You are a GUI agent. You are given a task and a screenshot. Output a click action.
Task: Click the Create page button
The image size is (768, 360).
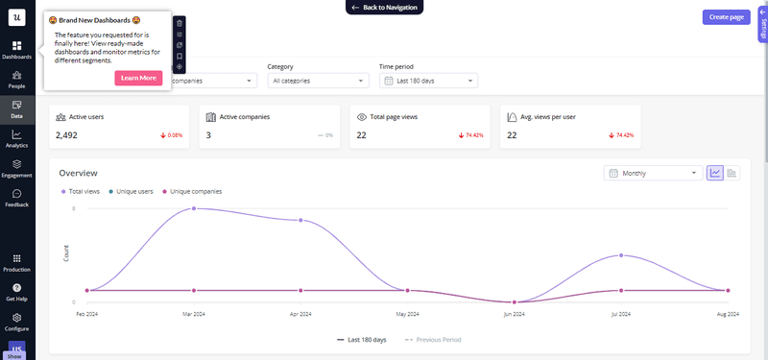coord(726,17)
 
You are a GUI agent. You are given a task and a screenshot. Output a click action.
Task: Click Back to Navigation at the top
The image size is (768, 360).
coord(383,7)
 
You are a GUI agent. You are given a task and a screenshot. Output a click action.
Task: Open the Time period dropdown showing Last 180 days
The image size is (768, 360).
coord(428,81)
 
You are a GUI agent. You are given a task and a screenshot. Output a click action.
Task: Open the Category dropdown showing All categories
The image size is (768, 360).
coord(318,81)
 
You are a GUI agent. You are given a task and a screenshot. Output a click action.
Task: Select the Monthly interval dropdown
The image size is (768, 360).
coord(653,173)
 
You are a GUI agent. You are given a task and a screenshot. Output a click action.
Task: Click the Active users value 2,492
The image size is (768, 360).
coord(66,135)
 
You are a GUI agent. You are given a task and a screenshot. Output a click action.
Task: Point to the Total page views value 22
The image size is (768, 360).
coord(361,135)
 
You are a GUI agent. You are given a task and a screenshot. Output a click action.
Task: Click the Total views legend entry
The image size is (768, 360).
coord(84,191)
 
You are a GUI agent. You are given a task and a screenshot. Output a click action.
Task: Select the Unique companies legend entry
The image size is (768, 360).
coord(195,191)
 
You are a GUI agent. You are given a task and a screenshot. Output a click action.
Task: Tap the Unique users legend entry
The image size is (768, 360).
coord(133,191)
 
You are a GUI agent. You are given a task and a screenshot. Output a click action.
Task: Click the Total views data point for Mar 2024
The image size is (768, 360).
coord(195,208)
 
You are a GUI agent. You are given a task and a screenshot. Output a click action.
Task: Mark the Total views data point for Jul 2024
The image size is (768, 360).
coord(622,255)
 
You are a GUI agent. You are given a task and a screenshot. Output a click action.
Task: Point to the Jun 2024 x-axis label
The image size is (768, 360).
coord(515,314)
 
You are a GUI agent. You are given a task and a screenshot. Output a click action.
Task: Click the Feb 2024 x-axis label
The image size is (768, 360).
coord(87,314)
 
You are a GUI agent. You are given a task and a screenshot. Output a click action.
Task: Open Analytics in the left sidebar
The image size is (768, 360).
coord(16,139)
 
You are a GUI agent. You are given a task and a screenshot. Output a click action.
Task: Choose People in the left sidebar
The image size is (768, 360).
coord(16,79)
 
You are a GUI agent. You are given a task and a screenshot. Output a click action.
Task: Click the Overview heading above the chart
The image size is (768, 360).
coord(79,173)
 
